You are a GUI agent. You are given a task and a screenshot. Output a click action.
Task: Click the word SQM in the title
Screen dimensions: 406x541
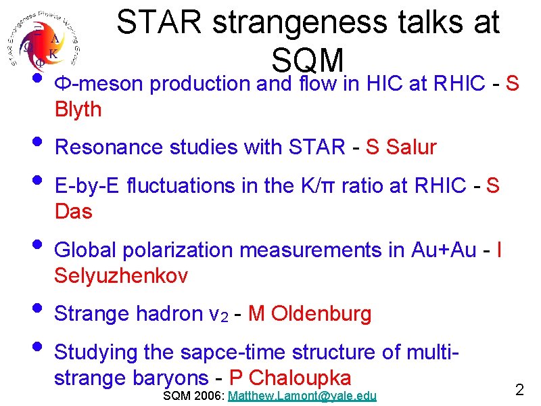coord(308,61)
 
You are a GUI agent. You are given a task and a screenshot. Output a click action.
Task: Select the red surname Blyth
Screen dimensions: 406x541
coord(78,110)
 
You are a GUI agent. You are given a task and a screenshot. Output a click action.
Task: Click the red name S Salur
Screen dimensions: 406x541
coord(401,147)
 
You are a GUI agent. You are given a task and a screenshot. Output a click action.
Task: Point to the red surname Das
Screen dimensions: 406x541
coord(73,212)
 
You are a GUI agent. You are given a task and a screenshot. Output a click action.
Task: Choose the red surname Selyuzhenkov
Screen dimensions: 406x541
coord(121,276)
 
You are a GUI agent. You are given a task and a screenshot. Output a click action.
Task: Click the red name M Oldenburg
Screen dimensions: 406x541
coord(310,314)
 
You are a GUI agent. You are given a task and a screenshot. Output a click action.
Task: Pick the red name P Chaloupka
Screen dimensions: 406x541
coord(291,378)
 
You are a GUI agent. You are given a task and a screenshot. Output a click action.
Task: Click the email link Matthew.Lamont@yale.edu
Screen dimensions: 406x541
coord(302,396)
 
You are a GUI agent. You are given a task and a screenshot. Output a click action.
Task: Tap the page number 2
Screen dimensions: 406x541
coord(520,390)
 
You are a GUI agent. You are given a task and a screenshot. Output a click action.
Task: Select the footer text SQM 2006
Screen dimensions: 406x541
coord(193,396)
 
